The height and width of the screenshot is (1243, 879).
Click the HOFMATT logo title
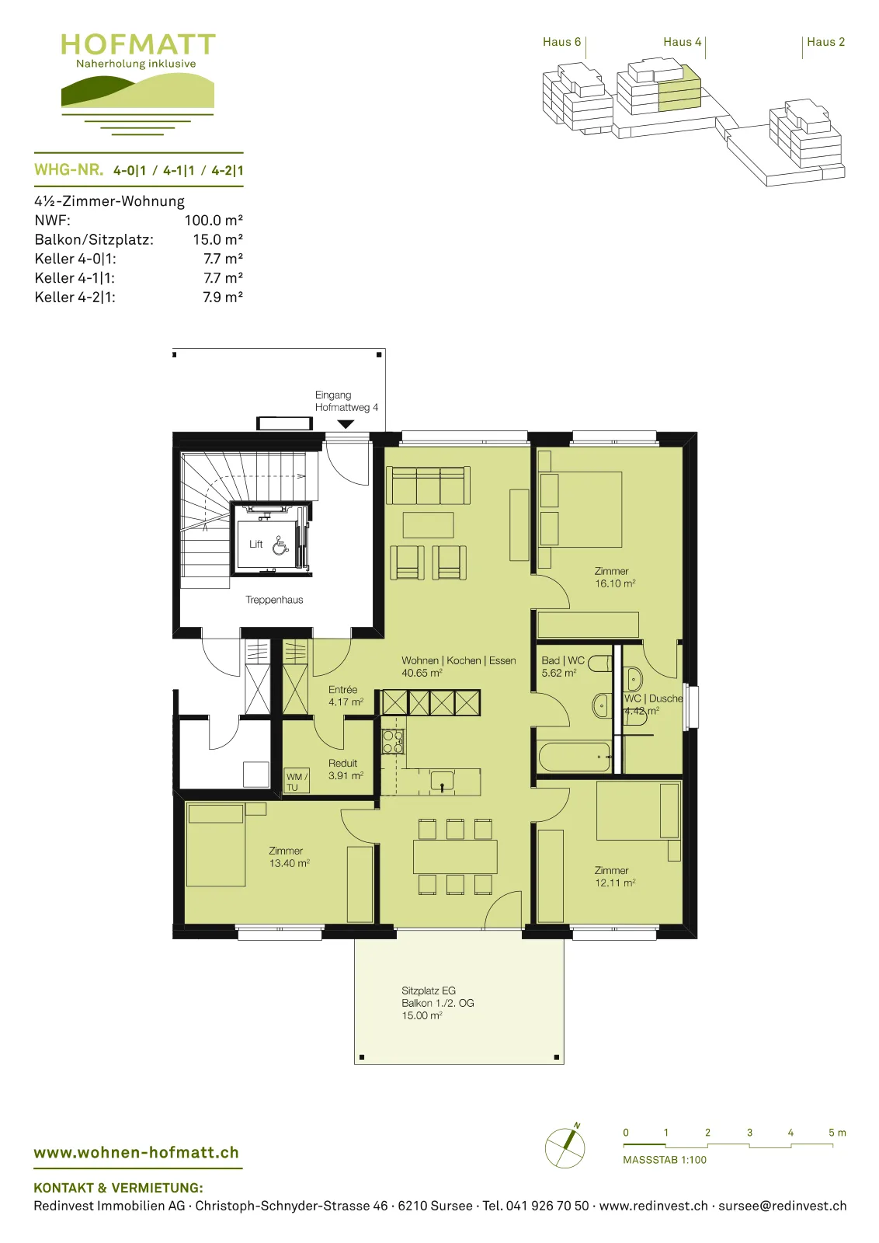coord(137,44)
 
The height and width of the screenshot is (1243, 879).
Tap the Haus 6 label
coord(561,42)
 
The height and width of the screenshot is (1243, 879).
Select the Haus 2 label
coord(825,42)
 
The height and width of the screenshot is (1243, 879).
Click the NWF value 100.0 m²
coord(214,221)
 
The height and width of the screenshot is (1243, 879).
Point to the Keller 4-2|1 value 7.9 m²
coord(222,297)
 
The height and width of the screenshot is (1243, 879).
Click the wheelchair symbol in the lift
coord(280,545)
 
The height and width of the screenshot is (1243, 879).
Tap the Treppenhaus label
coord(274,600)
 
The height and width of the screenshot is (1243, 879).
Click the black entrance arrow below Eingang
coord(346,424)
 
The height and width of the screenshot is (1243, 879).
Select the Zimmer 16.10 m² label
coord(614,577)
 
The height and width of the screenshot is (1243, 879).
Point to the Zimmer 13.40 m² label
coord(289,857)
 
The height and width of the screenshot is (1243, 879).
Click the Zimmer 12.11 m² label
coord(614,877)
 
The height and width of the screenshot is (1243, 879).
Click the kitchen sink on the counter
coord(442,781)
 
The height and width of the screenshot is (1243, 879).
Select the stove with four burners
coord(393,742)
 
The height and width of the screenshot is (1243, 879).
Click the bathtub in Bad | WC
coord(575,757)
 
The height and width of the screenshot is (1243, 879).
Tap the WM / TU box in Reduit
coord(297,781)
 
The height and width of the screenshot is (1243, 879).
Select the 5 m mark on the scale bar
coord(837,1133)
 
